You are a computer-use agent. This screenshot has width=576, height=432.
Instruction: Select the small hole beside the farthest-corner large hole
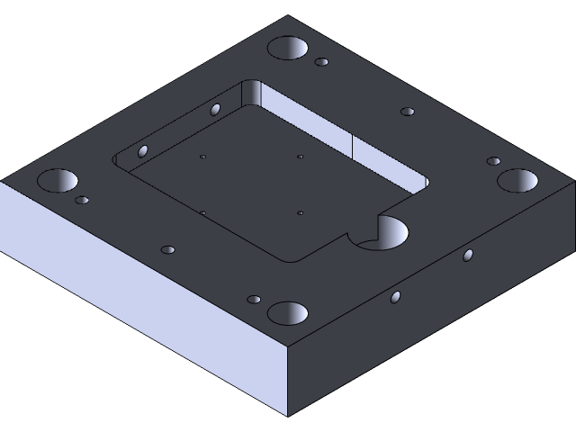point(321,63)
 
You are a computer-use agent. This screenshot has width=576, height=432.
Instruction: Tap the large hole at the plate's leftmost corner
point(57,181)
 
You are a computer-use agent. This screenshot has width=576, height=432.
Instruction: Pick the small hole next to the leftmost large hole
point(82,200)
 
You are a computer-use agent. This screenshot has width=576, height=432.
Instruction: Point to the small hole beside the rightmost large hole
point(493,161)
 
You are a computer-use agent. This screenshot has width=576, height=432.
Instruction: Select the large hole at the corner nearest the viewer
point(288,313)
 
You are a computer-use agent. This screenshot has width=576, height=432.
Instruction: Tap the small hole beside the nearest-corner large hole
point(254,299)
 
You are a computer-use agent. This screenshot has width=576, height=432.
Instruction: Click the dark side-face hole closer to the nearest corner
point(395,297)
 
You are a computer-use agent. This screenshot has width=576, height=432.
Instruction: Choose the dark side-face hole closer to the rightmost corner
point(467,256)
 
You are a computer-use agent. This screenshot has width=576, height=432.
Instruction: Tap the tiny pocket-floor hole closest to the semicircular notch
point(300,213)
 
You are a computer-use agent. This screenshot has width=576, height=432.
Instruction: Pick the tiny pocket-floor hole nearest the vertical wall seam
point(300,157)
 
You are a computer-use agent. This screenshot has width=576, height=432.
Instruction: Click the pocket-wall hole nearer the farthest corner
point(215,110)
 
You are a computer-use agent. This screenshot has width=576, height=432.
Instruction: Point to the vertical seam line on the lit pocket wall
point(350,148)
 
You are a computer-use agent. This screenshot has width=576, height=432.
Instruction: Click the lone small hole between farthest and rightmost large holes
point(408,112)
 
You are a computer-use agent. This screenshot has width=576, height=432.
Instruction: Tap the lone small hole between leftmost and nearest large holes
point(167,249)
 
